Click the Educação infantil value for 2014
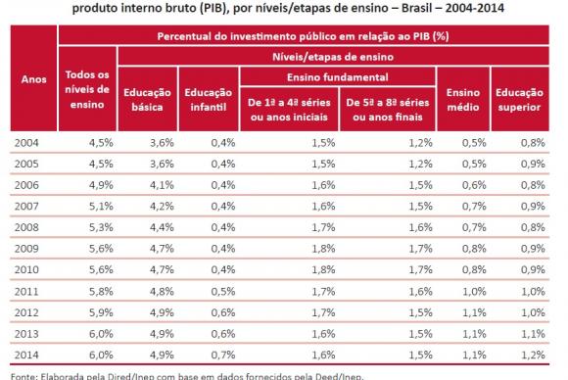(x=221, y=355)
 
